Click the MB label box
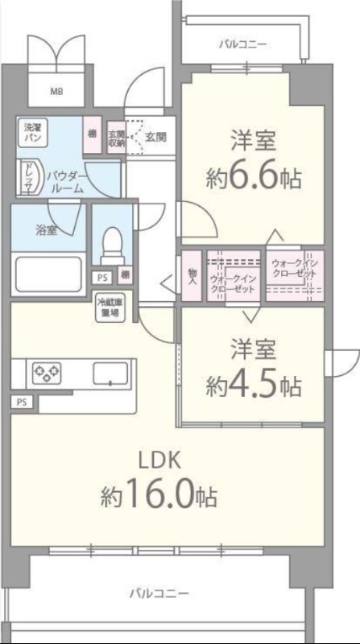coord(56,91)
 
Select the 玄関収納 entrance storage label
coord(117,139)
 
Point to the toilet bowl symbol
coord(113,239)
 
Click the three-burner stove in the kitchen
coord(46,373)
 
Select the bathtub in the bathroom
coord(46,273)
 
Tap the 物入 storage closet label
coord(192,277)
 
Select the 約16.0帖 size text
coord(159,496)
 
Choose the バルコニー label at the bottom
coord(161,593)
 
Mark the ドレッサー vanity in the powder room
coord(26,175)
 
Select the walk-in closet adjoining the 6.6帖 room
coord(294,275)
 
